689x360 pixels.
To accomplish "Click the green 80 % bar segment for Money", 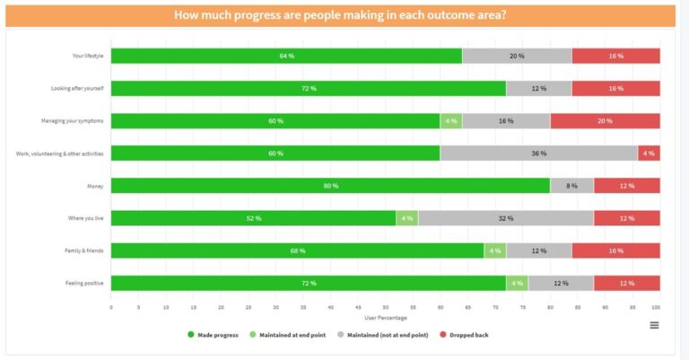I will (330, 186).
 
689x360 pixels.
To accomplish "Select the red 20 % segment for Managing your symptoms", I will (605, 121).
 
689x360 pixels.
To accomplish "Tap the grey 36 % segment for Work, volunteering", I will (538, 154).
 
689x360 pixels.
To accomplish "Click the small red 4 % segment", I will (649, 154).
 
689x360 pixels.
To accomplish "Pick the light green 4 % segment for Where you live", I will (406, 218).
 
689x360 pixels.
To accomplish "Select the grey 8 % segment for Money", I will (571, 186).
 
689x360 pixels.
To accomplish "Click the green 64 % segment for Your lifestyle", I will (286, 56).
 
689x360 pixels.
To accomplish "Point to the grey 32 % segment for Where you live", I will (505, 218).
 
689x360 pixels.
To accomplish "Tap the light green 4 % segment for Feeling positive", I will (517, 283).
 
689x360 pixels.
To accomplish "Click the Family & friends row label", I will (85, 250).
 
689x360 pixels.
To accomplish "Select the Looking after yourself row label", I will (78, 89).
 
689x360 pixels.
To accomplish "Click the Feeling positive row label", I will (87, 283).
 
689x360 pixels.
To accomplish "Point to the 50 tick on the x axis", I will (386, 307).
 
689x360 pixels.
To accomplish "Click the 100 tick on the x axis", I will (658, 307).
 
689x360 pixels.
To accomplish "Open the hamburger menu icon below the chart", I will (654, 325).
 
